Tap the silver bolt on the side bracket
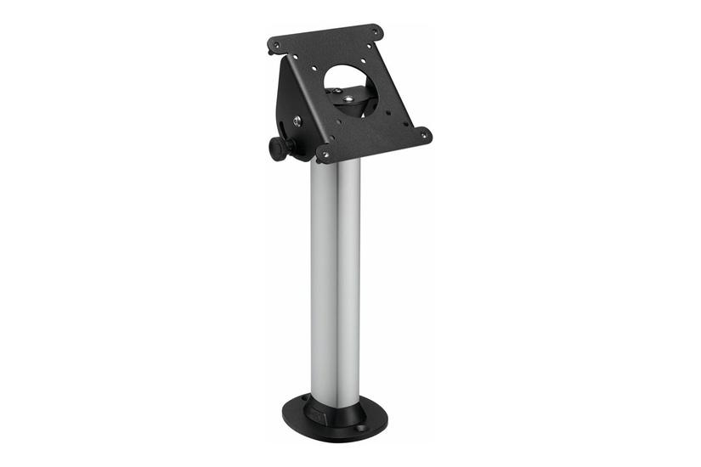point(297,121)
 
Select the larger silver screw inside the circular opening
point(350,98)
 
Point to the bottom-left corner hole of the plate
point(324,154)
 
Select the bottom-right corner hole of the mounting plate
point(423,133)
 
